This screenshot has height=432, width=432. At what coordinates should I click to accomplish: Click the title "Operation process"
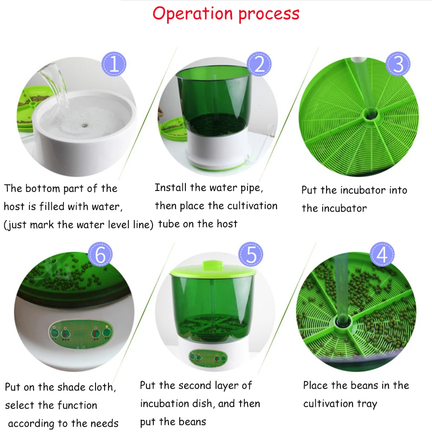point(226,14)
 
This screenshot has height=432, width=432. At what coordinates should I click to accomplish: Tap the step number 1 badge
point(114,65)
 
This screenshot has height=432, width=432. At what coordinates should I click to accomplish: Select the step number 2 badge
point(259,65)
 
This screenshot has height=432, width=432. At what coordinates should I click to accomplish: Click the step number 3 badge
point(398,64)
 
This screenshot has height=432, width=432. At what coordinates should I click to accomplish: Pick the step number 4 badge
point(382,255)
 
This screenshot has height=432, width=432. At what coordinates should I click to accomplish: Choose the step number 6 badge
point(100,255)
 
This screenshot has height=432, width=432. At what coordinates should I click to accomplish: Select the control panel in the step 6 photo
point(78,334)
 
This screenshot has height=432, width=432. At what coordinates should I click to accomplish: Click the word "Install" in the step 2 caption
point(171,187)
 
